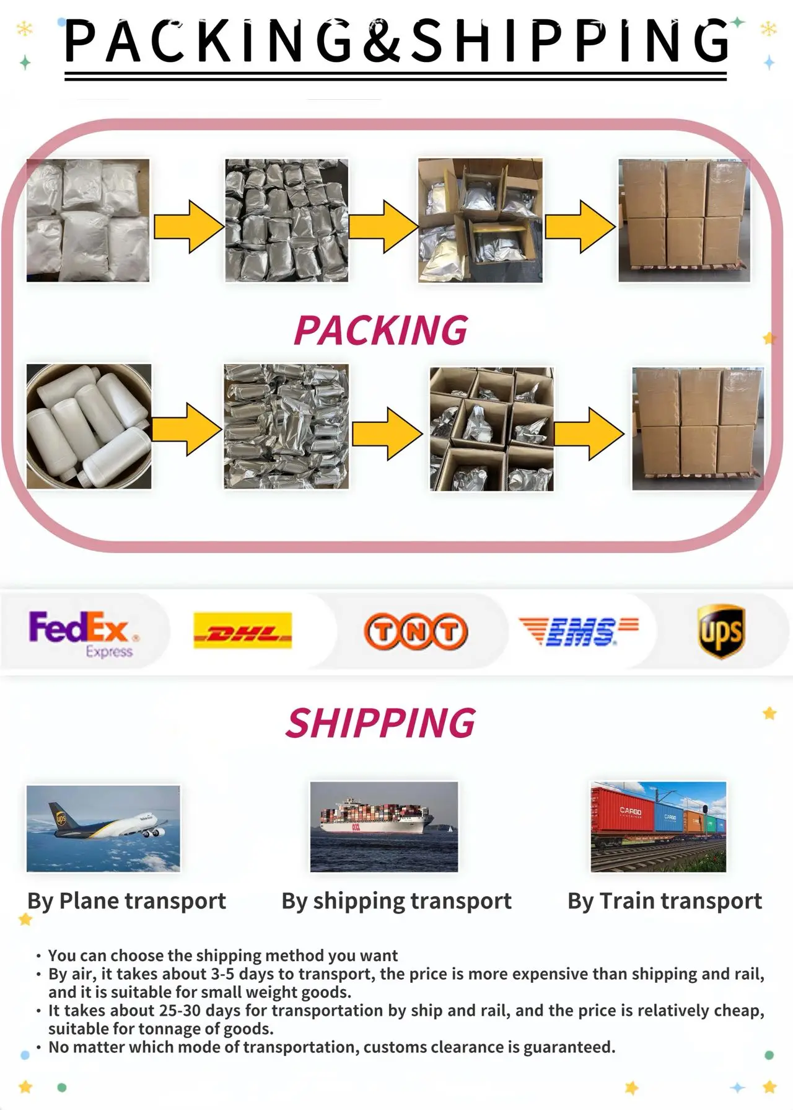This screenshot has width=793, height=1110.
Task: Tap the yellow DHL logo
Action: click(x=242, y=631)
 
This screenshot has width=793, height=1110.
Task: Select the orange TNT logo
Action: click(x=416, y=631)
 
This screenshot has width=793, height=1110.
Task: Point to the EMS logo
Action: click(x=579, y=631)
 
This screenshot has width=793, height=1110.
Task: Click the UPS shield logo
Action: click(x=721, y=631)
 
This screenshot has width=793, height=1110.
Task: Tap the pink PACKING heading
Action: click(x=380, y=330)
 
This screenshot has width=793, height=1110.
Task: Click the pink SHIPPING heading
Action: click(x=380, y=723)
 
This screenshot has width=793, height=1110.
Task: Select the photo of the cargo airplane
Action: click(x=103, y=828)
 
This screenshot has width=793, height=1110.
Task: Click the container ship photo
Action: click(x=384, y=827)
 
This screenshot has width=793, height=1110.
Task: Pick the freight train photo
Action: click(x=658, y=827)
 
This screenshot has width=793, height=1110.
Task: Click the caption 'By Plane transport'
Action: click(x=126, y=900)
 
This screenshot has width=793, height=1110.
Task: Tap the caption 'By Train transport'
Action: click(x=665, y=900)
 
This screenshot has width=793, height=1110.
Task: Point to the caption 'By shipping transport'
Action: click(x=396, y=900)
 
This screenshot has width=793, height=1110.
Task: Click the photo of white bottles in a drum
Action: click(x=89, y=426)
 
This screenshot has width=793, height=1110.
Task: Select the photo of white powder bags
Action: click(x=88, y=220)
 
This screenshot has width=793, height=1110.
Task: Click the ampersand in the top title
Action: click(x=384, y=41)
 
